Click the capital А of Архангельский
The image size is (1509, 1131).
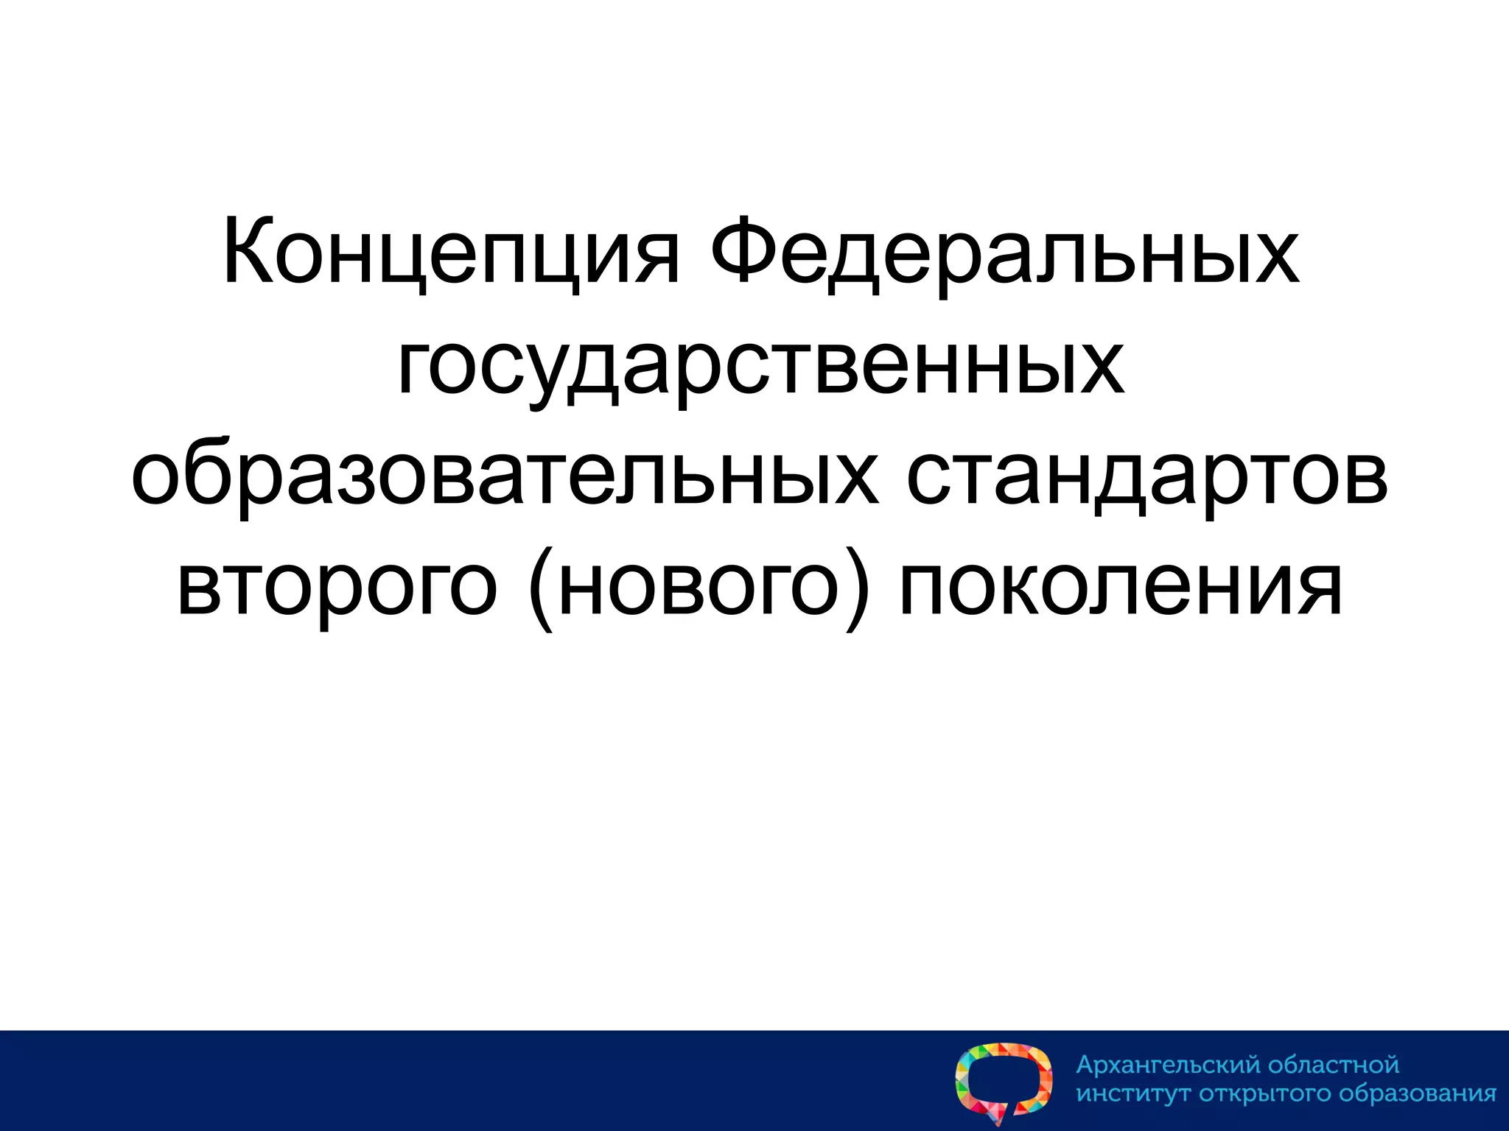point(1086,1065)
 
